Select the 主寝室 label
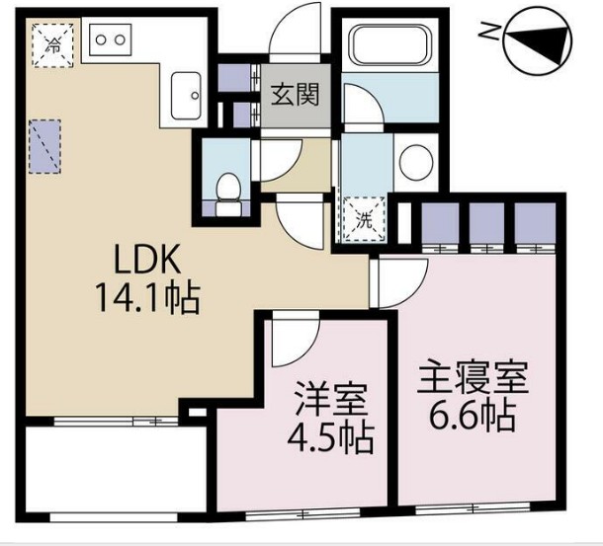pyautogui.click(x=472, y=378)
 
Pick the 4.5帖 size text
pyautogui.click(x=329, y=436)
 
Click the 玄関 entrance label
pyautogui.click(x=294, y=96)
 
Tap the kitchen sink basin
pyautogui.click(x=185, y=95)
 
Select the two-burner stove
pyautogui.click(x=110, y=41)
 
